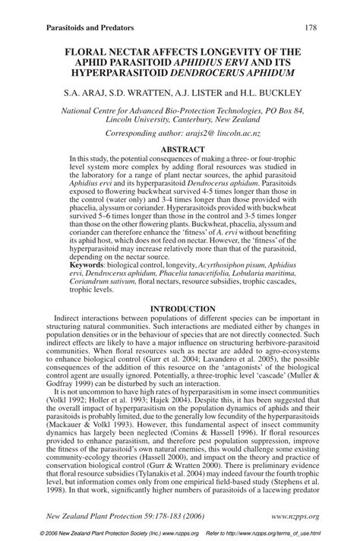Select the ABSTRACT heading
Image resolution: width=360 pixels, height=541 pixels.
pyautogui.click(x=180, y=149)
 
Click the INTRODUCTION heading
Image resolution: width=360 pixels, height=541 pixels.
pyautogui.click(x=180, y=308)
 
